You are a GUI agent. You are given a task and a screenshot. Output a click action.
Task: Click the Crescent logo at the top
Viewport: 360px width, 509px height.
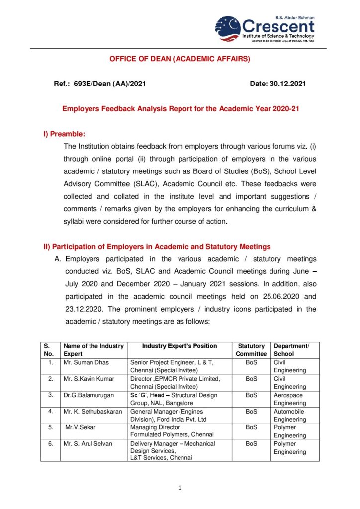[x=265, y=29]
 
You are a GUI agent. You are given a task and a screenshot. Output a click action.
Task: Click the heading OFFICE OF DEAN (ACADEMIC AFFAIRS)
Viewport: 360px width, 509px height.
[x=180, y=59]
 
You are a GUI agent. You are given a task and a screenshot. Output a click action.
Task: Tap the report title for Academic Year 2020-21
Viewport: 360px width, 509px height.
[x=180, y=108]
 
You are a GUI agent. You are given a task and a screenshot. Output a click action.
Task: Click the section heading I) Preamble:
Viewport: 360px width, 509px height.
[x=65, y=134]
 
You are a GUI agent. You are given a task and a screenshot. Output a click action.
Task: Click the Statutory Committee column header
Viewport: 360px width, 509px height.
[x=251, y=350]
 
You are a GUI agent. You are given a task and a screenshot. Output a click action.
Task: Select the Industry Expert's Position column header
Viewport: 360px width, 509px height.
[x=180, y=346]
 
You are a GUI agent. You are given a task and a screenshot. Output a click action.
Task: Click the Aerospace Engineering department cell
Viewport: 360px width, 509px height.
[x=290, y=399]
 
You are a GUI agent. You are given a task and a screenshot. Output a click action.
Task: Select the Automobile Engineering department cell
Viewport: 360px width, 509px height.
[x=290, y=416]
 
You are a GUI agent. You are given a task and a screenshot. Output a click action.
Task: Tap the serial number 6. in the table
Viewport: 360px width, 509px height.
[x=50, y=444]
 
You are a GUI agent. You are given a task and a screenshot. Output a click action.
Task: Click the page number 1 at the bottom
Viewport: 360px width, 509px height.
[x=180, y=488]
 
